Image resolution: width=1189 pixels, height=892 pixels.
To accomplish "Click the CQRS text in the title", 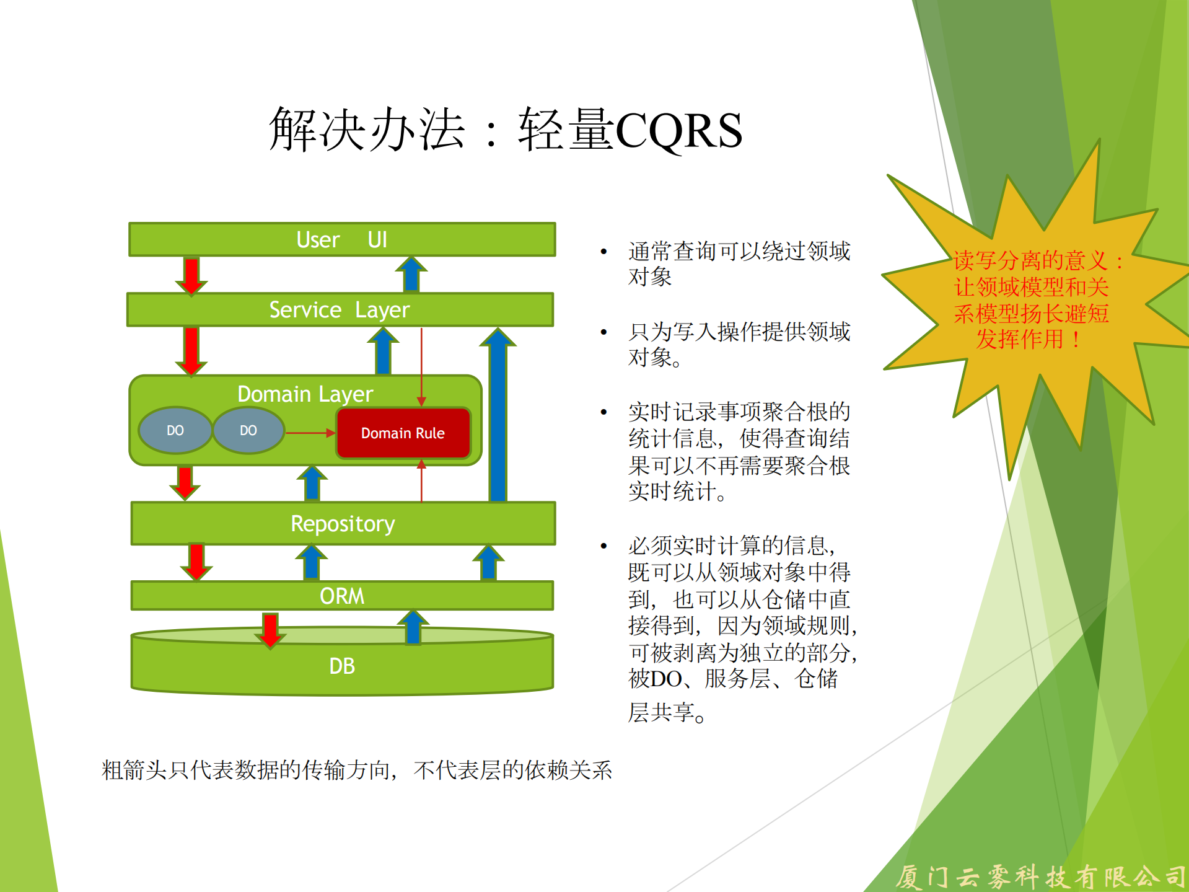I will pos(679,131).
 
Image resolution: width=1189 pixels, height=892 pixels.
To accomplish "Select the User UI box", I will pos(342,240).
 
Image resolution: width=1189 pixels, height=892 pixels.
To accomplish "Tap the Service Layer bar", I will pos(340,309).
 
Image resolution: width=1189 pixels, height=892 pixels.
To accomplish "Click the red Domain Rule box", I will pos(403,433).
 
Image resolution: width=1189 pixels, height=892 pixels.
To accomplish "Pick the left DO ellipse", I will pos(175,430).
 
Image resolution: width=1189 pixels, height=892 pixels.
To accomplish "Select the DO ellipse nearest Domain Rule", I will pos(248,430).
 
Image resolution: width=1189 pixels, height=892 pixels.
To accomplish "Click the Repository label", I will pos(343,524).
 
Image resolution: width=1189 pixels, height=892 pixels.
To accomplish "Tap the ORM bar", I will pos(342,596).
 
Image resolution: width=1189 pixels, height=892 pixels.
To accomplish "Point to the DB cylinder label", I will pos(342,666).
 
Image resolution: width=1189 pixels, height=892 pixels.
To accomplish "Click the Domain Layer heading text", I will pos(305,394).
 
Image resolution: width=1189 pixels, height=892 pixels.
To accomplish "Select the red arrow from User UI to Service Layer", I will pos(191,275).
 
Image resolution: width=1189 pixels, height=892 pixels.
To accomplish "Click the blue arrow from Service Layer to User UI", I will pos(411,275).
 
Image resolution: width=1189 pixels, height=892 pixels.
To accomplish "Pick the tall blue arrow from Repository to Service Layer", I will pos(498,415).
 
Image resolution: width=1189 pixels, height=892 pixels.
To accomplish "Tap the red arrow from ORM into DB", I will pos(270,630).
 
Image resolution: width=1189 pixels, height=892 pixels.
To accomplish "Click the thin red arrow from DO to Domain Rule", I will pos(310,433).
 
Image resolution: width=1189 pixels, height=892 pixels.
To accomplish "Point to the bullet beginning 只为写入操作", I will pos(739,345).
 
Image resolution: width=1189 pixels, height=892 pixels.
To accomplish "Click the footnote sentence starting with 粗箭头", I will pos(356,771).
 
